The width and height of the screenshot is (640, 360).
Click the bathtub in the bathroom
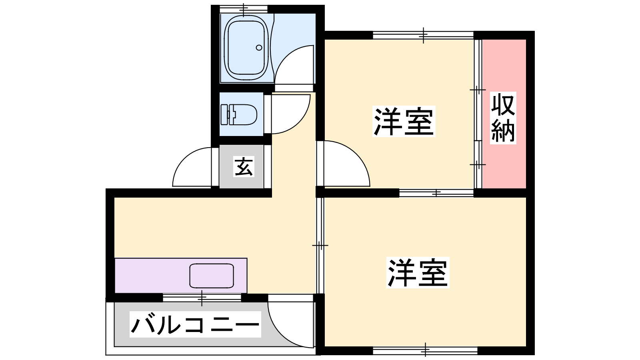coord(246,48)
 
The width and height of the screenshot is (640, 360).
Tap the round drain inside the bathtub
coord(259,48)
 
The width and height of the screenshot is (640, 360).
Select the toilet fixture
coord(239,114)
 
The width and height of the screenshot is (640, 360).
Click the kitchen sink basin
coord(212,276)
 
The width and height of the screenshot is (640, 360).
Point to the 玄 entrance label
coord(244,166)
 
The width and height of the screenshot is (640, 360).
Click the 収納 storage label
coord(503,118)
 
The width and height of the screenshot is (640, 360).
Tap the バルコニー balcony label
coord(195,324)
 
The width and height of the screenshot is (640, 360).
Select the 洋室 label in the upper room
coord(404,121)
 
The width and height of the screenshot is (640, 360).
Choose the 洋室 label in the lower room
coord(418,272)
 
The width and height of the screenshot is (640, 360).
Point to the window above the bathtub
coord(244,9)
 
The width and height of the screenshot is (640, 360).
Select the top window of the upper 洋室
coord(423,35)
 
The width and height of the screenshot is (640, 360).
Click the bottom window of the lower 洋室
coord(425,350)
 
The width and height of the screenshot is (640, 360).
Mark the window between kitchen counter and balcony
coord(202,298)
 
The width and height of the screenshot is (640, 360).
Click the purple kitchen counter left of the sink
coord(152,276)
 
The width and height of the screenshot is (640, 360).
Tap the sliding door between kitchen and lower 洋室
coord(320,246)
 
